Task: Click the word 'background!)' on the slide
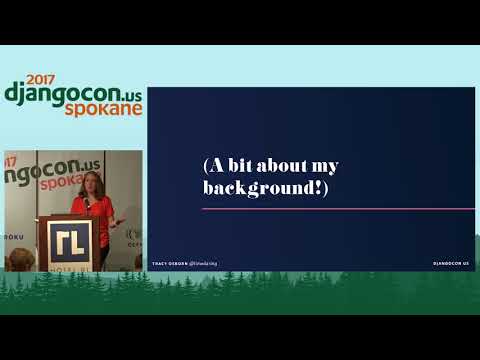click(x=265, y=188)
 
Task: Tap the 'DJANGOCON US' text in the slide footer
click(x=451, y=263)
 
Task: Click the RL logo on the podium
click(x=70, y=240)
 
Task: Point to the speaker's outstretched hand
click(x=120, y=220)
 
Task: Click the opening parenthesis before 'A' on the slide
click(x=206, y=166)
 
